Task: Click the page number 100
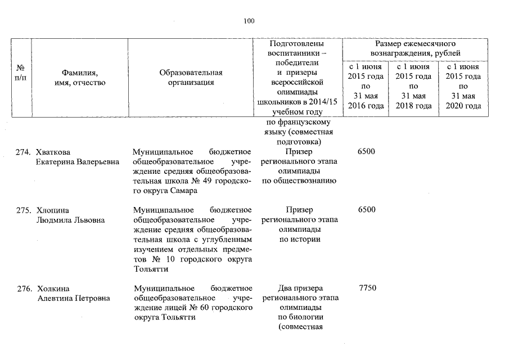coord(249,21)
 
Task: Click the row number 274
coord(23,152)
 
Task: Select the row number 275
coord(23,210)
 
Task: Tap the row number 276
coord(23,289)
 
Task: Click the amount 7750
coord(367,289)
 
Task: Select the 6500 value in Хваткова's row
coord(367,152)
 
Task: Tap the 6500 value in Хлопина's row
coord(367,210)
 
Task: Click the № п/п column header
coord(20,73)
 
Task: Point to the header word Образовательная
coord(191,73)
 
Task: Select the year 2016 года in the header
coord(366,106)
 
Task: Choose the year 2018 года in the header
coord(413,106)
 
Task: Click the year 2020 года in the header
coord(463,106)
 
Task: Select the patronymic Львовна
coord(89,220)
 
